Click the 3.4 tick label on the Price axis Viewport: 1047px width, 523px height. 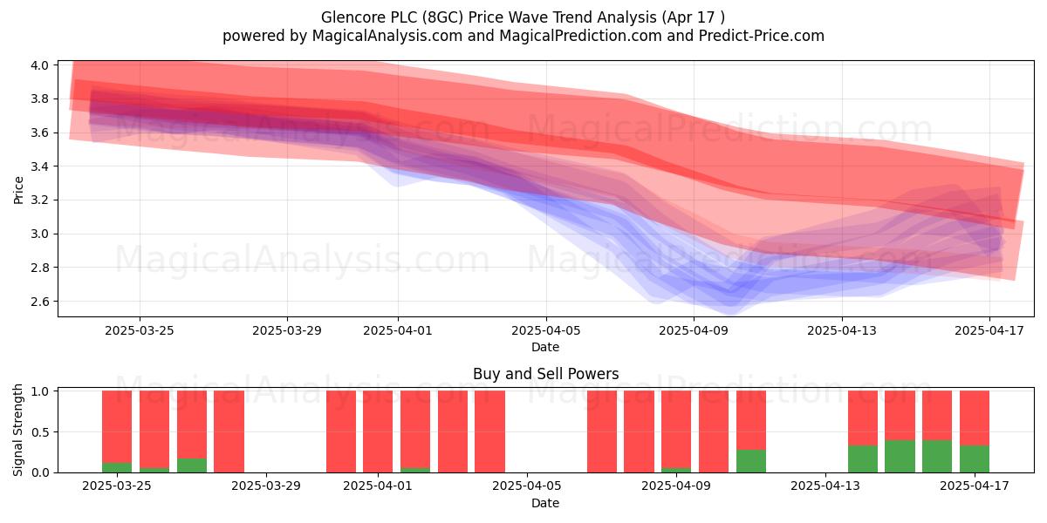pos(40,166)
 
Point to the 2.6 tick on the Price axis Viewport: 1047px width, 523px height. pos(40,302)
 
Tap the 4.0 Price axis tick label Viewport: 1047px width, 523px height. pos(40,65)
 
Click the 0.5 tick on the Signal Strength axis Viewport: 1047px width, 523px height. pos(40,432)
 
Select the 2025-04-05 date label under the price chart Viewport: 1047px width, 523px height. pos(545,330)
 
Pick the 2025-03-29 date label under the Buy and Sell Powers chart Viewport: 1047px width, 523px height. pos(266,486)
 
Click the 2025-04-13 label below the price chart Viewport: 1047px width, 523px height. pos(842,330)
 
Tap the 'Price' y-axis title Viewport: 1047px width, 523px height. pos(18,190)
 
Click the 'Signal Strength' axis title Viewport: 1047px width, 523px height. pos(17,430)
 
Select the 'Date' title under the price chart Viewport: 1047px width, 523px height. pos(545,347)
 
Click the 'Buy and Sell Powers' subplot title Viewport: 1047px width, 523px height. pos(545,374)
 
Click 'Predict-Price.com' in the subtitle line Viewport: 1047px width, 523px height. pos(762,36)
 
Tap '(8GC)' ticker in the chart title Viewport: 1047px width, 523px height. pos(442,17)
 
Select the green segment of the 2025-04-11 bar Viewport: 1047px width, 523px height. pos(750,461)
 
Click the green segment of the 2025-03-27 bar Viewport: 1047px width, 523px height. pos(192,465)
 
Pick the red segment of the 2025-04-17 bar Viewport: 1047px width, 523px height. pos(974,418)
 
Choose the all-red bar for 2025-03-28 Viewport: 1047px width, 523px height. pos(229,431)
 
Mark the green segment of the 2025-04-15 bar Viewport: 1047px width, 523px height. pos(900,456)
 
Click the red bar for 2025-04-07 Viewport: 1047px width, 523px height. pos(601,431)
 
